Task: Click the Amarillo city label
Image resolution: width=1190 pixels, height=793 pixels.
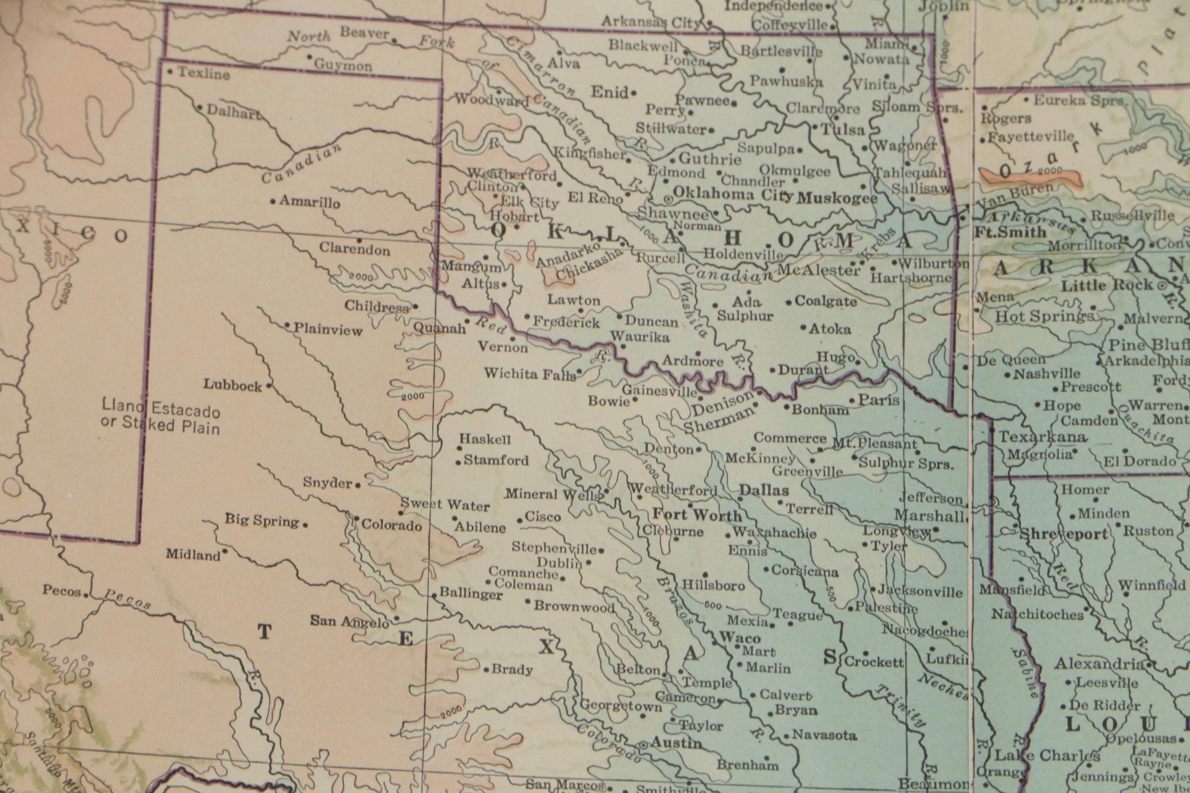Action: click(310, 202)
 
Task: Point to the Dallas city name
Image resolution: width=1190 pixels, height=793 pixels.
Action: click(764, 490)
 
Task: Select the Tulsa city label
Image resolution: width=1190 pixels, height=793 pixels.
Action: click(842, 130)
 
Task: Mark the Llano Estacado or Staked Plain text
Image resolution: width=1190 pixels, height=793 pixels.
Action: click(161, 416)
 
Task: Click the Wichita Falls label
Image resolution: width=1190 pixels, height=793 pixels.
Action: click(530, 374)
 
